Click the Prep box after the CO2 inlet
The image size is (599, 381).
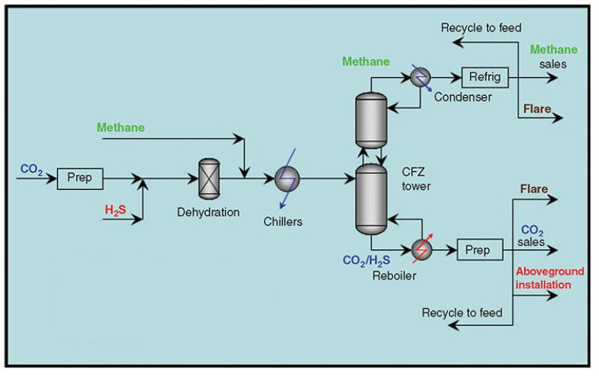[x=80, y=179]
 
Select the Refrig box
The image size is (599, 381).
[x=484, y=76]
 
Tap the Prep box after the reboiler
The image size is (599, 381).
[x=479, y=250]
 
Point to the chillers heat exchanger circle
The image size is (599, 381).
[x=287, y=179]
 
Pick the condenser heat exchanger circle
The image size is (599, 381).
[x=420, y=77]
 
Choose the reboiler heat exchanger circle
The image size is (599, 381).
[x=422, y=250]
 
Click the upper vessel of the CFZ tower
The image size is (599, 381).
[x=369, y=120]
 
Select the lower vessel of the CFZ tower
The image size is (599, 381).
[x=369, y=198]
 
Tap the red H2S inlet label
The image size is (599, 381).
[x=115, y=212]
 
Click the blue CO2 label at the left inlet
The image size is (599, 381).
[x=31, y=170]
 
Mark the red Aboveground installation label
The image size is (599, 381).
[x=543, y=278]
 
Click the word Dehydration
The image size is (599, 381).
[x=208, y=212]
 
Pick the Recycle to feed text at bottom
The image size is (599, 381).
[x=462, y=312]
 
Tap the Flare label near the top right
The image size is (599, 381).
[x=537, y=109]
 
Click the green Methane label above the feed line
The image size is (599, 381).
[x=121, y=127]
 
